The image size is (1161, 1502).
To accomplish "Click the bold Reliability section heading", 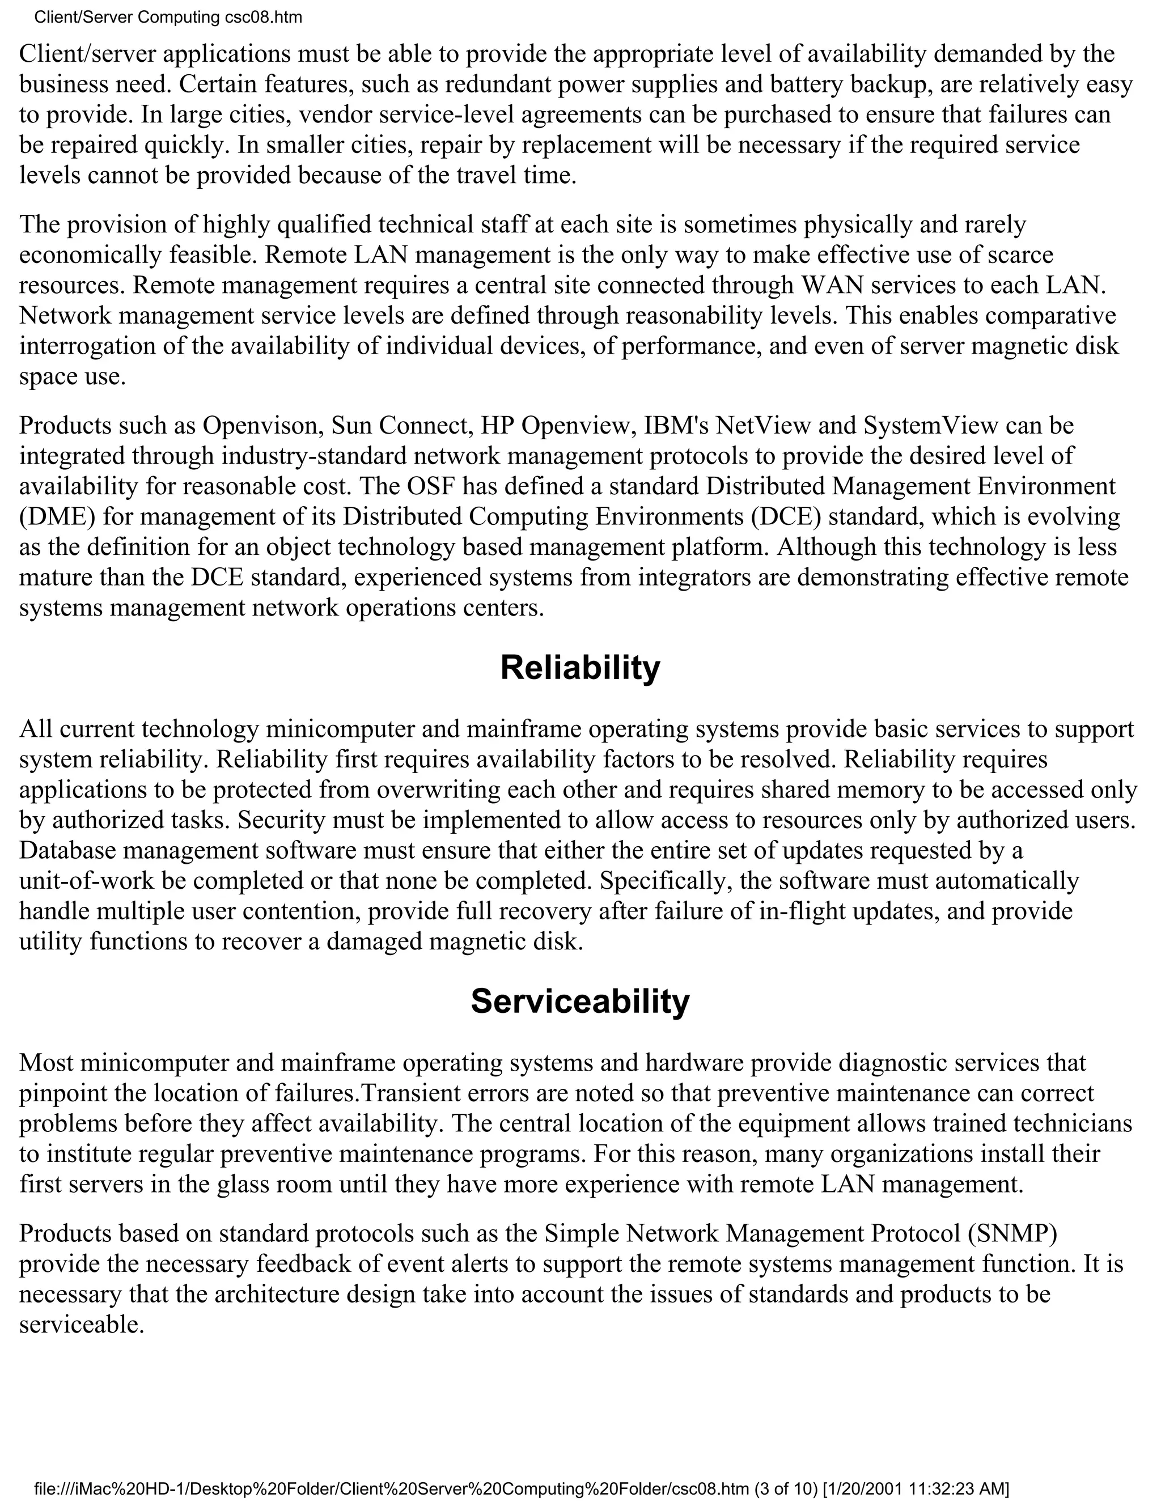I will tap(580, 668).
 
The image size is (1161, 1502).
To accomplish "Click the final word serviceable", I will tap(82, 1325).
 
